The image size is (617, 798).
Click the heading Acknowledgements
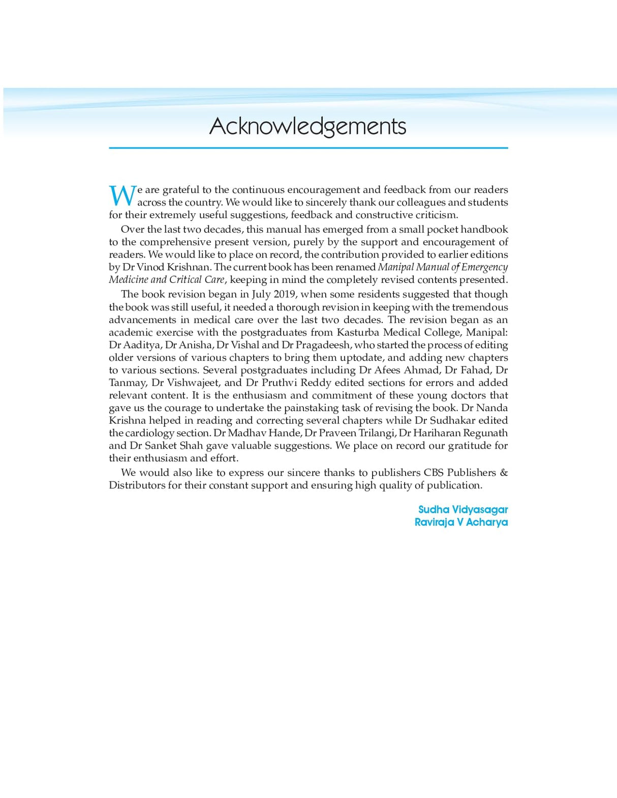(307, 126)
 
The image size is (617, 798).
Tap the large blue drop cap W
(122, 196)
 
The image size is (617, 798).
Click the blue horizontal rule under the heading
(308, 148)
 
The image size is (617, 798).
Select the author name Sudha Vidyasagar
(462, 509)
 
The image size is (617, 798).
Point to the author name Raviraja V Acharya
(461, 522)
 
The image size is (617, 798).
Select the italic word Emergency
(484, 267)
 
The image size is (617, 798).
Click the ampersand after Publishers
(503, 473)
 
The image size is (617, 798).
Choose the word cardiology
(149, 433)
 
